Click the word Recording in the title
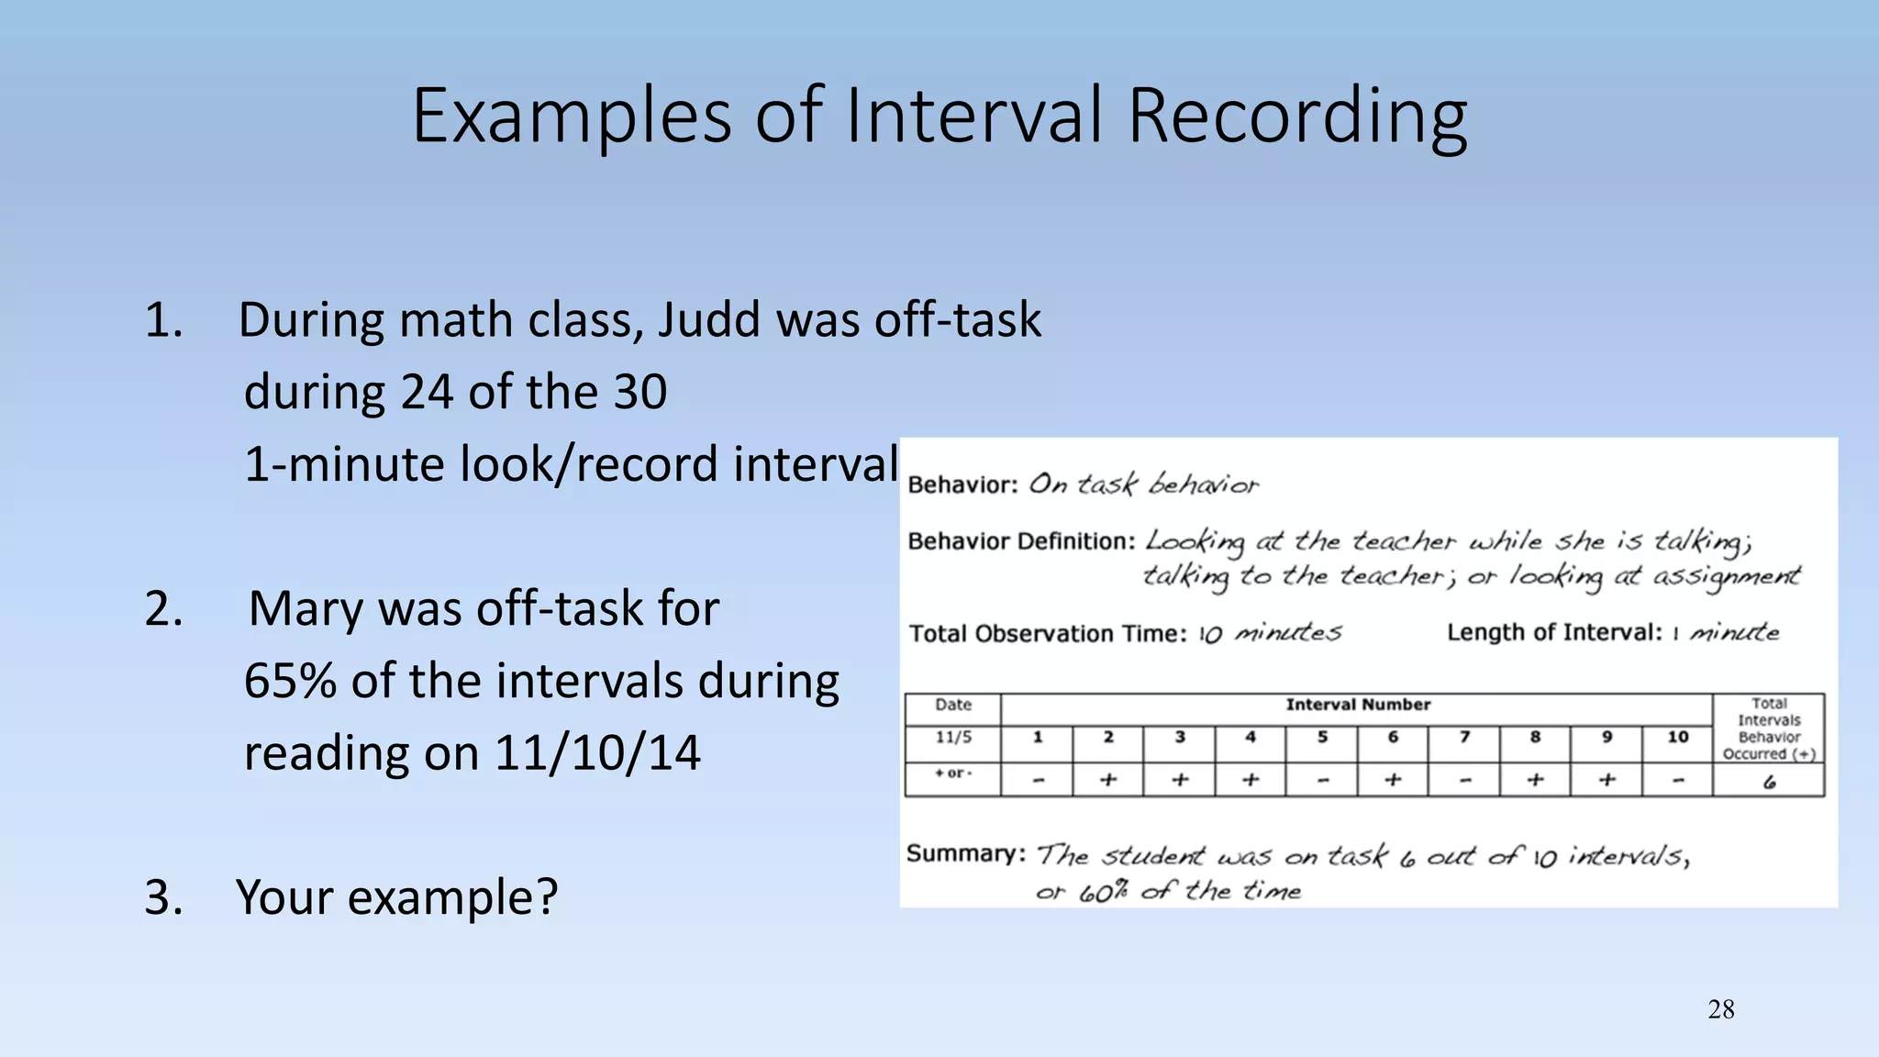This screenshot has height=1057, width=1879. tap(1296, 117)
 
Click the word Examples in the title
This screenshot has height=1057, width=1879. tap(571, 117)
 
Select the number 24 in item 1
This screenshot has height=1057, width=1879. tap(427, 392)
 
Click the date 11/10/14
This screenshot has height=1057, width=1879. tap(596, 753)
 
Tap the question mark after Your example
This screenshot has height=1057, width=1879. tap(547, 896)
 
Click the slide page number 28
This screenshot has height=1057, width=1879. tap(1720, 1009)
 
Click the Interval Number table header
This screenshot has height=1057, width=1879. tap(1357, 705)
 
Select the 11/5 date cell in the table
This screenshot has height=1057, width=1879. tap(953, 737)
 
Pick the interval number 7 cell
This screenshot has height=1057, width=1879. tap(1464, 737)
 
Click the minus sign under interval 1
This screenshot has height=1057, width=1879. tap(1038, 781)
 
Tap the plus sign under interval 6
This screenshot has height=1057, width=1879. tap(1393, 780)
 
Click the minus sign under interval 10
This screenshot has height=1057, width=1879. tap(1677, 781)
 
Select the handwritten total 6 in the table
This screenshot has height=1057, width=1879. tap(1769, 782)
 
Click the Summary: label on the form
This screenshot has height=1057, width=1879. tap(965, 853)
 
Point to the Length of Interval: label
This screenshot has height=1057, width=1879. tap(1553, 632)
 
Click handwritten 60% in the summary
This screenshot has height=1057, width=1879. tap(1102, 892)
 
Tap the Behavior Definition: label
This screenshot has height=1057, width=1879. tap(1021, 541)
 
